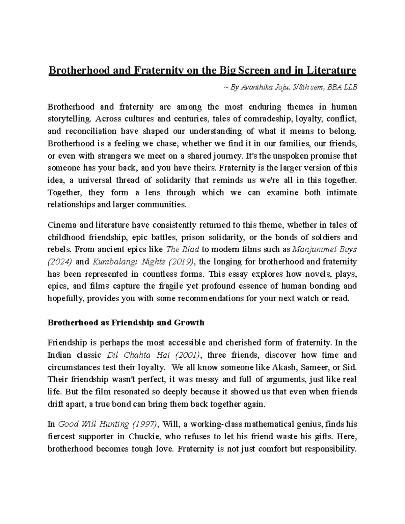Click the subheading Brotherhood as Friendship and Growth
(x=126, y=323)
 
